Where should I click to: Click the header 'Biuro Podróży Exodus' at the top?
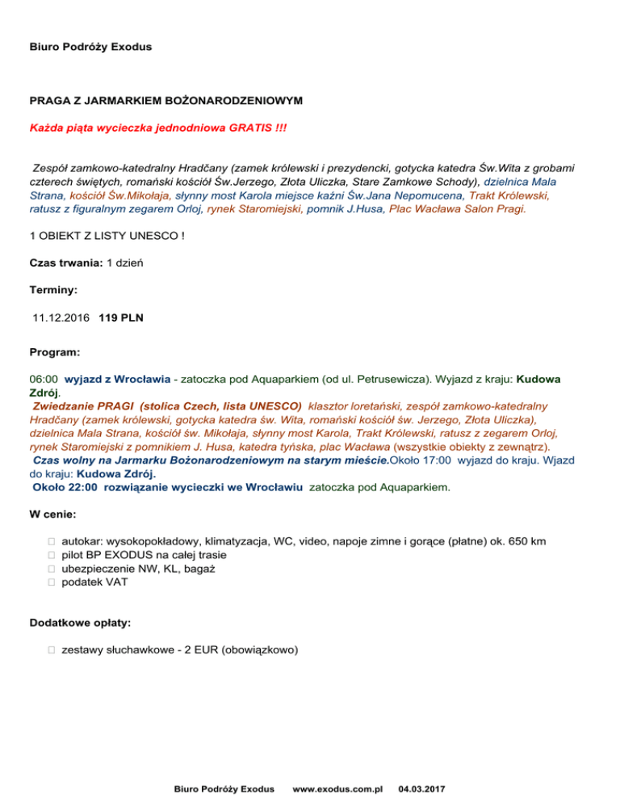click(90, 47)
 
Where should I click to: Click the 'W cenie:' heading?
click(53, 514)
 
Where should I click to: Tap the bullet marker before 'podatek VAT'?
click(51, 582)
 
